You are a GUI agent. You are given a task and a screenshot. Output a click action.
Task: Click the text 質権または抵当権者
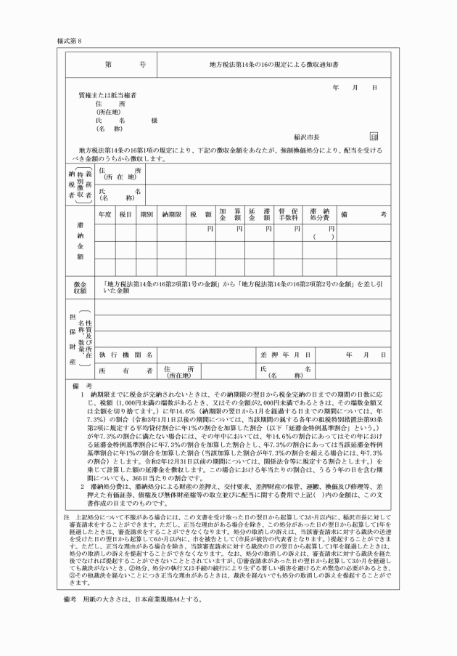[x=107, y=96]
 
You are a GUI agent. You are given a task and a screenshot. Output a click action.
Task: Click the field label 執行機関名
[x=125, y=354]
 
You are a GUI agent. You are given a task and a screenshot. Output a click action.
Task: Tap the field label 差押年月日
[x=287, y=354]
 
